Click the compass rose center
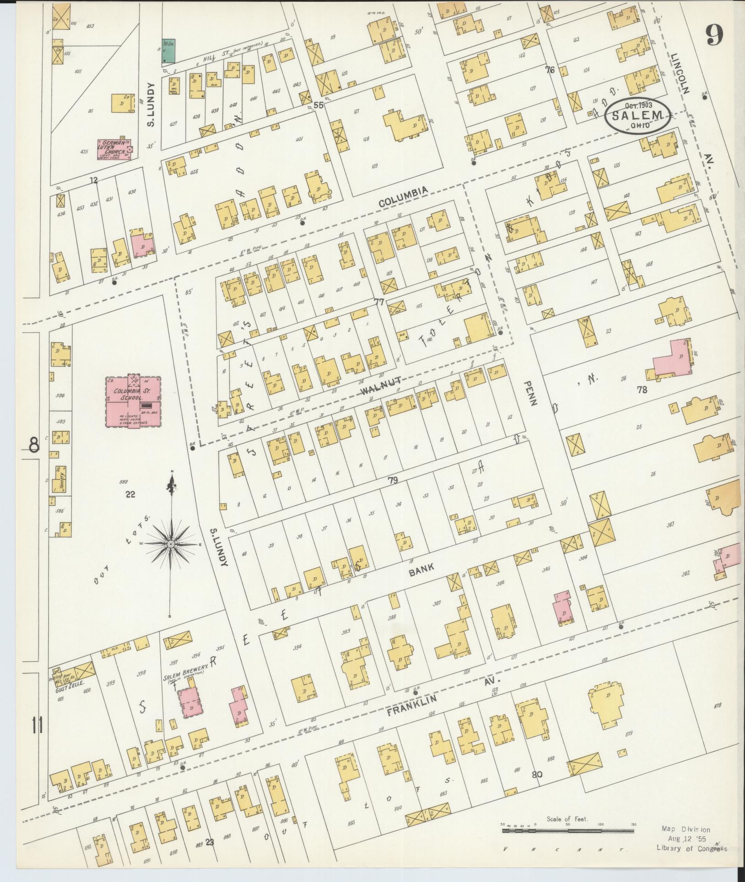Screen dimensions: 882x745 click(171, 543)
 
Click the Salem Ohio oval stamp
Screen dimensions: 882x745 click(639, 116)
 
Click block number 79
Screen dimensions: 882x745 click(392, 480)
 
